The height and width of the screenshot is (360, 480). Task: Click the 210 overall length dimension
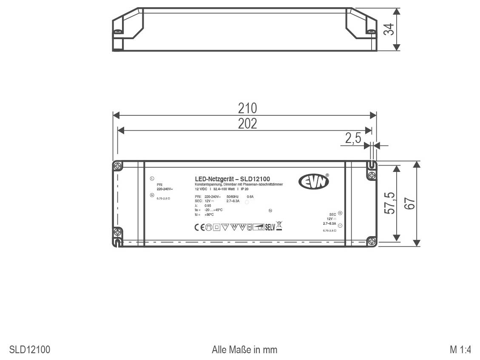(x=247, y=108)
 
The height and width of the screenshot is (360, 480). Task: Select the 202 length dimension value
(x=247, y=124)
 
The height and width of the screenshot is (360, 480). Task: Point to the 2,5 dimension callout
(x=353, y=139)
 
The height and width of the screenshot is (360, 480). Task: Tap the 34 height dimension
(x=388, y=29)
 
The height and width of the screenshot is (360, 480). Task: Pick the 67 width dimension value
(x=409, y=203)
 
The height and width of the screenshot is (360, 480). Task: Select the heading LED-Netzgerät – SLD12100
(x=232, y=179)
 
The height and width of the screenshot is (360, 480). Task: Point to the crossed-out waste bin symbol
(x=279, y=226)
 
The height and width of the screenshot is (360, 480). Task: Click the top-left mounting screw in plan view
(x=118, y=165)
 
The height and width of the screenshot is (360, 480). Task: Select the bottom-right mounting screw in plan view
(x=372, y=241)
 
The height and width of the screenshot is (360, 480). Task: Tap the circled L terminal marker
(x=152, y=178)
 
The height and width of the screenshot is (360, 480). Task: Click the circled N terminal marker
(x=152, y=195)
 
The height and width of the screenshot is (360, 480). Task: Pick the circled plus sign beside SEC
(x=340, y=213)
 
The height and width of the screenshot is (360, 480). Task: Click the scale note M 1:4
(x=460, y=350)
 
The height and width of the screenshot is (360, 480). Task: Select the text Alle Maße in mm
(x=244, y=350)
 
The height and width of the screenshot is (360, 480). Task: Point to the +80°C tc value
(x=209, y=214)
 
